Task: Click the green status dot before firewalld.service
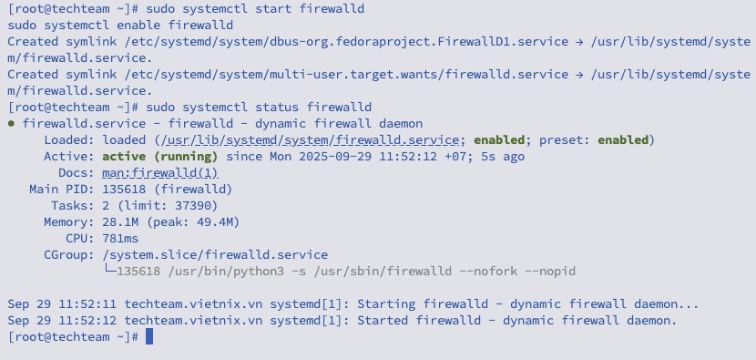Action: [x=11, y=124]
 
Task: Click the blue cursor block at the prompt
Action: [x=149, y=337]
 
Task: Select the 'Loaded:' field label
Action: [x=66, y=140]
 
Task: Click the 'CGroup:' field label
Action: [x=66, y=255]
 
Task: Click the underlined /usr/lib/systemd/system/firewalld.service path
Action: [x=312, y=140]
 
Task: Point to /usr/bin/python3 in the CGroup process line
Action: [x=220, y=272]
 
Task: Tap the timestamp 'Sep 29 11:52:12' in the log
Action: [x=62, y=321]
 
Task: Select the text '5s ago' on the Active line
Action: [x=502, y=157]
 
